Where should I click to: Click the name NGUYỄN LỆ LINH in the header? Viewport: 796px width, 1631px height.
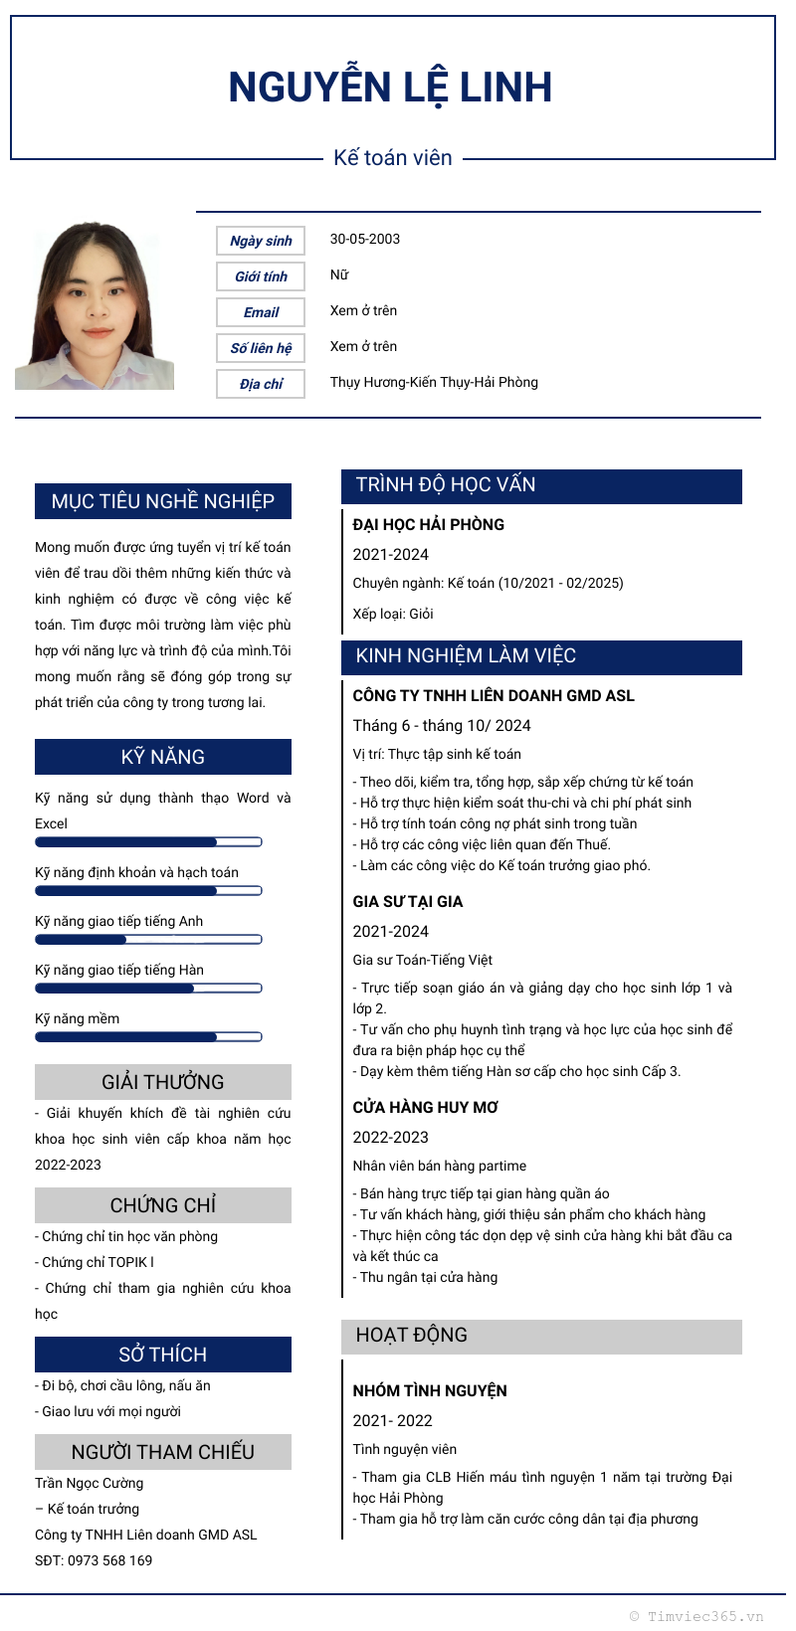tap(390, 88)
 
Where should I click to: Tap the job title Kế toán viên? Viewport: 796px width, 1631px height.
tap(393, 158)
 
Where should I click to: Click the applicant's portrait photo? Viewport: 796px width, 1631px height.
tap(95, 306)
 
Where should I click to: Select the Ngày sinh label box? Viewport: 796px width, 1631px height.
tap(261, 241)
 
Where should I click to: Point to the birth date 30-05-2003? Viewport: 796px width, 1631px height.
tap(365, 239)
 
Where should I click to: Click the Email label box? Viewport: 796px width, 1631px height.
tap(261, 312)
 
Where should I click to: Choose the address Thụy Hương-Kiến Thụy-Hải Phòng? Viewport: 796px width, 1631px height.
tap(434, 382)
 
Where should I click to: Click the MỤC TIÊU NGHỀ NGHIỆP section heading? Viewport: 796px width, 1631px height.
tap(163, 501)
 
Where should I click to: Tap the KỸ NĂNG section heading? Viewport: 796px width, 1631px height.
tap(163, 757)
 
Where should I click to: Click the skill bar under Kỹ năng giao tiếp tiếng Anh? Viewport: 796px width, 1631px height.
tap(148, 939)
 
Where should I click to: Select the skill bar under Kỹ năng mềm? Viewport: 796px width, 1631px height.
tap(148, 1036)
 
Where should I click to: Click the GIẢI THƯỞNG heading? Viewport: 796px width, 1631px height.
tap(163, 1082)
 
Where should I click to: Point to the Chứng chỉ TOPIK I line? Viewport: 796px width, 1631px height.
tap(98, 1262)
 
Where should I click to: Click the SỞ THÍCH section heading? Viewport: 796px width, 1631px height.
tap(163, 1355)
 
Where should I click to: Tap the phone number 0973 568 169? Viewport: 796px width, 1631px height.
tap(109, 1560)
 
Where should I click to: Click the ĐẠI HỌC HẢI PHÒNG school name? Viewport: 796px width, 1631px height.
tap(429, 524)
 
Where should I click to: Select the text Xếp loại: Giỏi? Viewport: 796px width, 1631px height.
tap(393, 614)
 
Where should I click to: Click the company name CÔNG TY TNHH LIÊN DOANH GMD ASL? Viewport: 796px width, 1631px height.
tap(494, 695)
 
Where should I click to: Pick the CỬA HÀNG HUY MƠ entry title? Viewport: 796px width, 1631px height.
tap(426, 1107)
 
